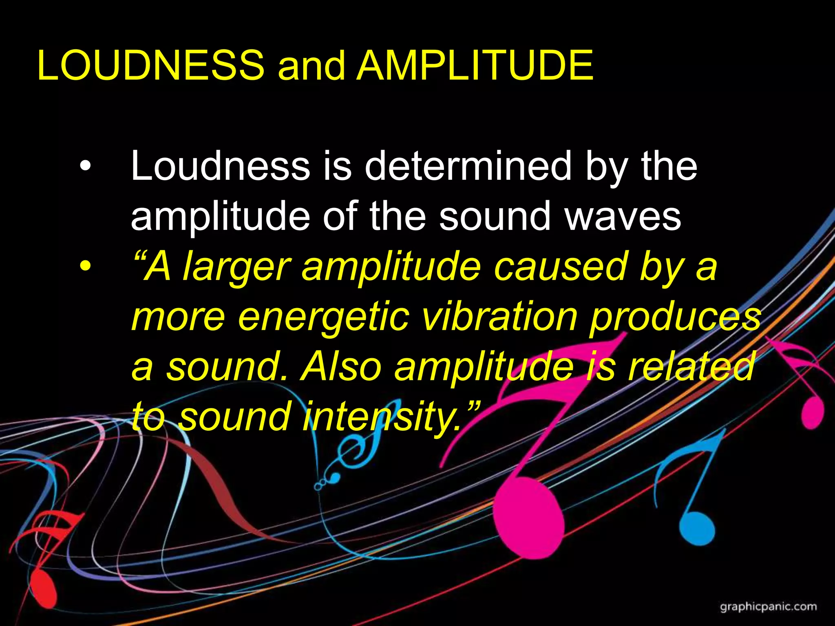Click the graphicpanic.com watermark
tap(768, 607)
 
